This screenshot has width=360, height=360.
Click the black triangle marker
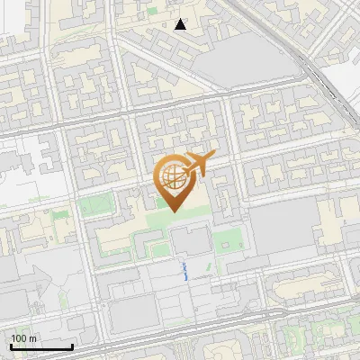pos(181,24)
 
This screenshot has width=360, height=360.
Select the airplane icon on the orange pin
pos(196,164)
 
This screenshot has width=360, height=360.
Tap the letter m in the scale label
pos(33,338)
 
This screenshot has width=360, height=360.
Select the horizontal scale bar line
pos(41,347)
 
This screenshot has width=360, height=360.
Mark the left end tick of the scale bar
pos(11,346)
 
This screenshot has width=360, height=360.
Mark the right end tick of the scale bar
pos(72,346)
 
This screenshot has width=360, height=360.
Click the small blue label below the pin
pos(184,271)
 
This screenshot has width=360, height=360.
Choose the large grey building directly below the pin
pos(190,240)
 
